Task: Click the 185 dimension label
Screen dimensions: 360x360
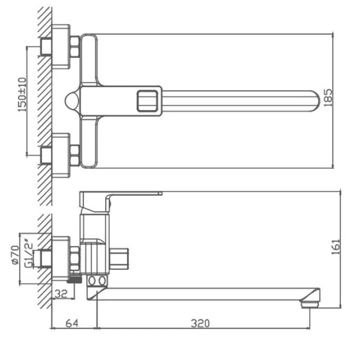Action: pos(328,98)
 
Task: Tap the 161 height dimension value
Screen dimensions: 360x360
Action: pos(335,247)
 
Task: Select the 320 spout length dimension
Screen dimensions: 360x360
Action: pos(200,323)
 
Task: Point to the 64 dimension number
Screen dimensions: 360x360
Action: pos(72,323)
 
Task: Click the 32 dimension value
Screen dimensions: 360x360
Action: pos(61,293)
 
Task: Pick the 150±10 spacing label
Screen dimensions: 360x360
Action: pos(22,94)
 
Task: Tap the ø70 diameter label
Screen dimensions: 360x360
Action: pos(15,255)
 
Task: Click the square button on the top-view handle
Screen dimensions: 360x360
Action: pos(148,101)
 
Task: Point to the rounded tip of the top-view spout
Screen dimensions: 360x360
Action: pos(316,101)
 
